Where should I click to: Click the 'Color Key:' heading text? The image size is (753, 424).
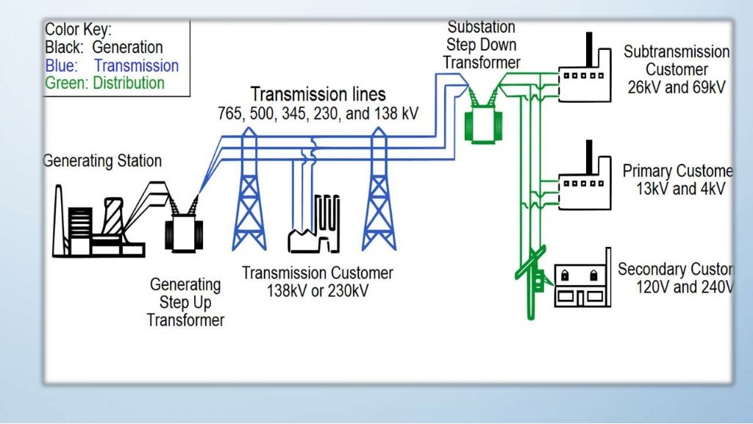tap(78, 30)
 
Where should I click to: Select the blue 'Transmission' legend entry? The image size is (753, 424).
tap(136, 65)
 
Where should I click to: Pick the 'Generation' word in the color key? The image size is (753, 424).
tap(127, 48)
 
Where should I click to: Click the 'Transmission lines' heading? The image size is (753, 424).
tap(318, 95)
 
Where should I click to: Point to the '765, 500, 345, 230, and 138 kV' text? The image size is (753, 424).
tap(317, 114)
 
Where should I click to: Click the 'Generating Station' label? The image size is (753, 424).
tap(102, 160)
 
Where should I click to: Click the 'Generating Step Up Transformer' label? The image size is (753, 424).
tap(185, 302)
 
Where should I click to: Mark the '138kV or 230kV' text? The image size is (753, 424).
tap(318, 291)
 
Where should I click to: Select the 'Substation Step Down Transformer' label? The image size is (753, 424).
tap(482, 45)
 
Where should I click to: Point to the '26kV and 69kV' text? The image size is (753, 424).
tap(676, 87)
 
